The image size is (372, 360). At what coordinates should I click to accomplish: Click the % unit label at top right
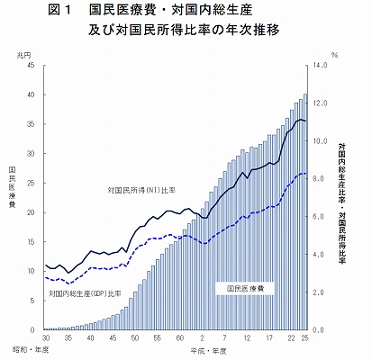click(x=335, y=55)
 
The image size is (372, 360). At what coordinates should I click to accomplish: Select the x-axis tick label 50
click(x=134, y=338)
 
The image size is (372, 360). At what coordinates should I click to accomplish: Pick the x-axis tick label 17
click(x=269, y=338)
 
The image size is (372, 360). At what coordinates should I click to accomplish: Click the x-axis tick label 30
click(x=44, y=338)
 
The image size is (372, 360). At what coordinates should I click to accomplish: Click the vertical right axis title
click(x=343, y=203)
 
